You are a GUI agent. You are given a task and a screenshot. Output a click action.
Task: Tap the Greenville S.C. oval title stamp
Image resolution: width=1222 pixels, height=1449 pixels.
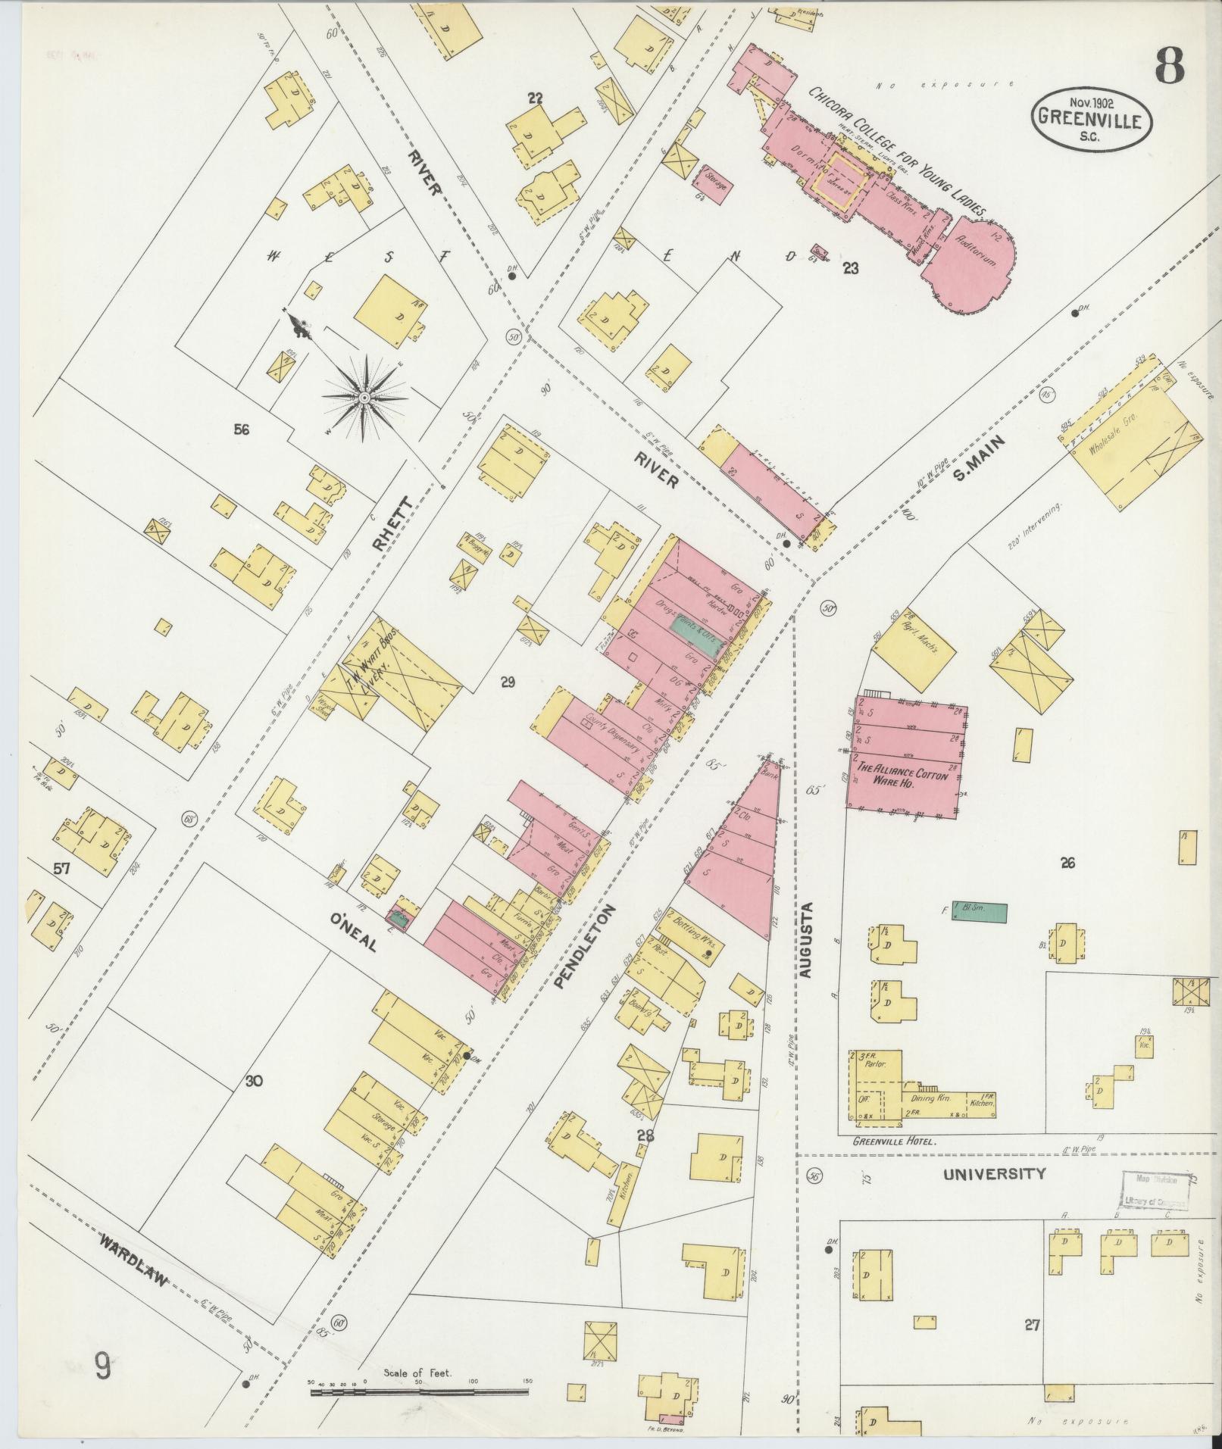[1092, 118]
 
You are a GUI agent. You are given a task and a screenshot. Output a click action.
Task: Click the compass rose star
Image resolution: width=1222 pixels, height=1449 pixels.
[364, 397]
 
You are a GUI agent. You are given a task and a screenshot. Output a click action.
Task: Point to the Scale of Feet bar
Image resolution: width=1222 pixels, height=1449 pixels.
[418, 1391]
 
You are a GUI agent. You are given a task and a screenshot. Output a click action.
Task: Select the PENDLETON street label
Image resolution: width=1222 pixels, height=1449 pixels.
[586, 947]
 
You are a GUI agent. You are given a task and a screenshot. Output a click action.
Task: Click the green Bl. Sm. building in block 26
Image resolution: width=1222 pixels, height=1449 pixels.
[980, 913]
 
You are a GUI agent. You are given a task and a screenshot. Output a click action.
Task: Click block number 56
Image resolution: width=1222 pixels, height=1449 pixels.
[242, 430]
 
